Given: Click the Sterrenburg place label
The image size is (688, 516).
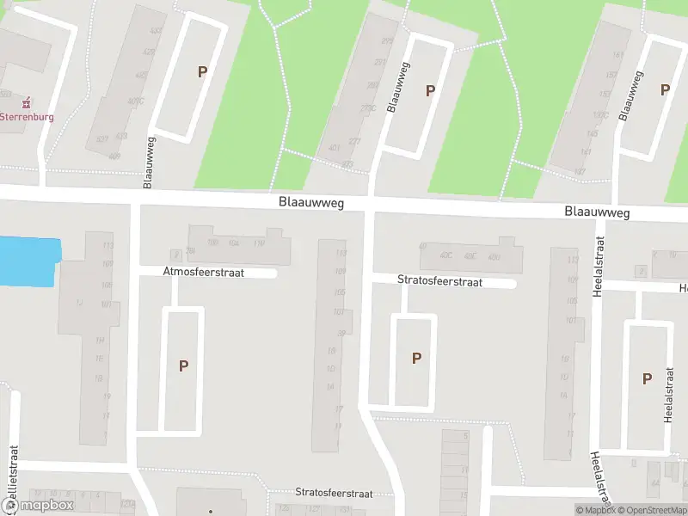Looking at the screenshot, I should (x=26, y=116).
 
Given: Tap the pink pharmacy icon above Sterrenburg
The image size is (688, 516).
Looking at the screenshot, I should (x=26, y=103).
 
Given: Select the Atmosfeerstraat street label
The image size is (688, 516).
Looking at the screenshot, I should (x=203, y=272).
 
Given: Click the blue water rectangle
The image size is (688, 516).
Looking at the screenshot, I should (x=28, y=261).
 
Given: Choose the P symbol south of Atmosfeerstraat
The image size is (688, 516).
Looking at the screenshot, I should (x=183, y=365).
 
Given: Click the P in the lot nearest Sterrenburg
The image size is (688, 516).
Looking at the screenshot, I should (x=202, y=72).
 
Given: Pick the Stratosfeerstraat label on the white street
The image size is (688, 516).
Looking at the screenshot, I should (x=439, y=280).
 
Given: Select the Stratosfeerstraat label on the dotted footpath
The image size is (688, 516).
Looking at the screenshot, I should (x=334, y=493).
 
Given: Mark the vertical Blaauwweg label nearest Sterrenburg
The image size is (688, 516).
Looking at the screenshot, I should (x=150, y=162).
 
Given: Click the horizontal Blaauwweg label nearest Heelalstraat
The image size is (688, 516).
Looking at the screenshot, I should (x=597, y=212).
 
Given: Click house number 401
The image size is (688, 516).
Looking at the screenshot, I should (x=335, y=148).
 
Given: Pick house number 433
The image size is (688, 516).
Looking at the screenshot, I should (x=121, y=135).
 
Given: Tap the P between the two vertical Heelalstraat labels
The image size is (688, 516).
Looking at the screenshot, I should (x=646, y=378).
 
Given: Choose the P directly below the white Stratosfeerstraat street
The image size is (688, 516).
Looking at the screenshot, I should (x=416, y=358).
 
